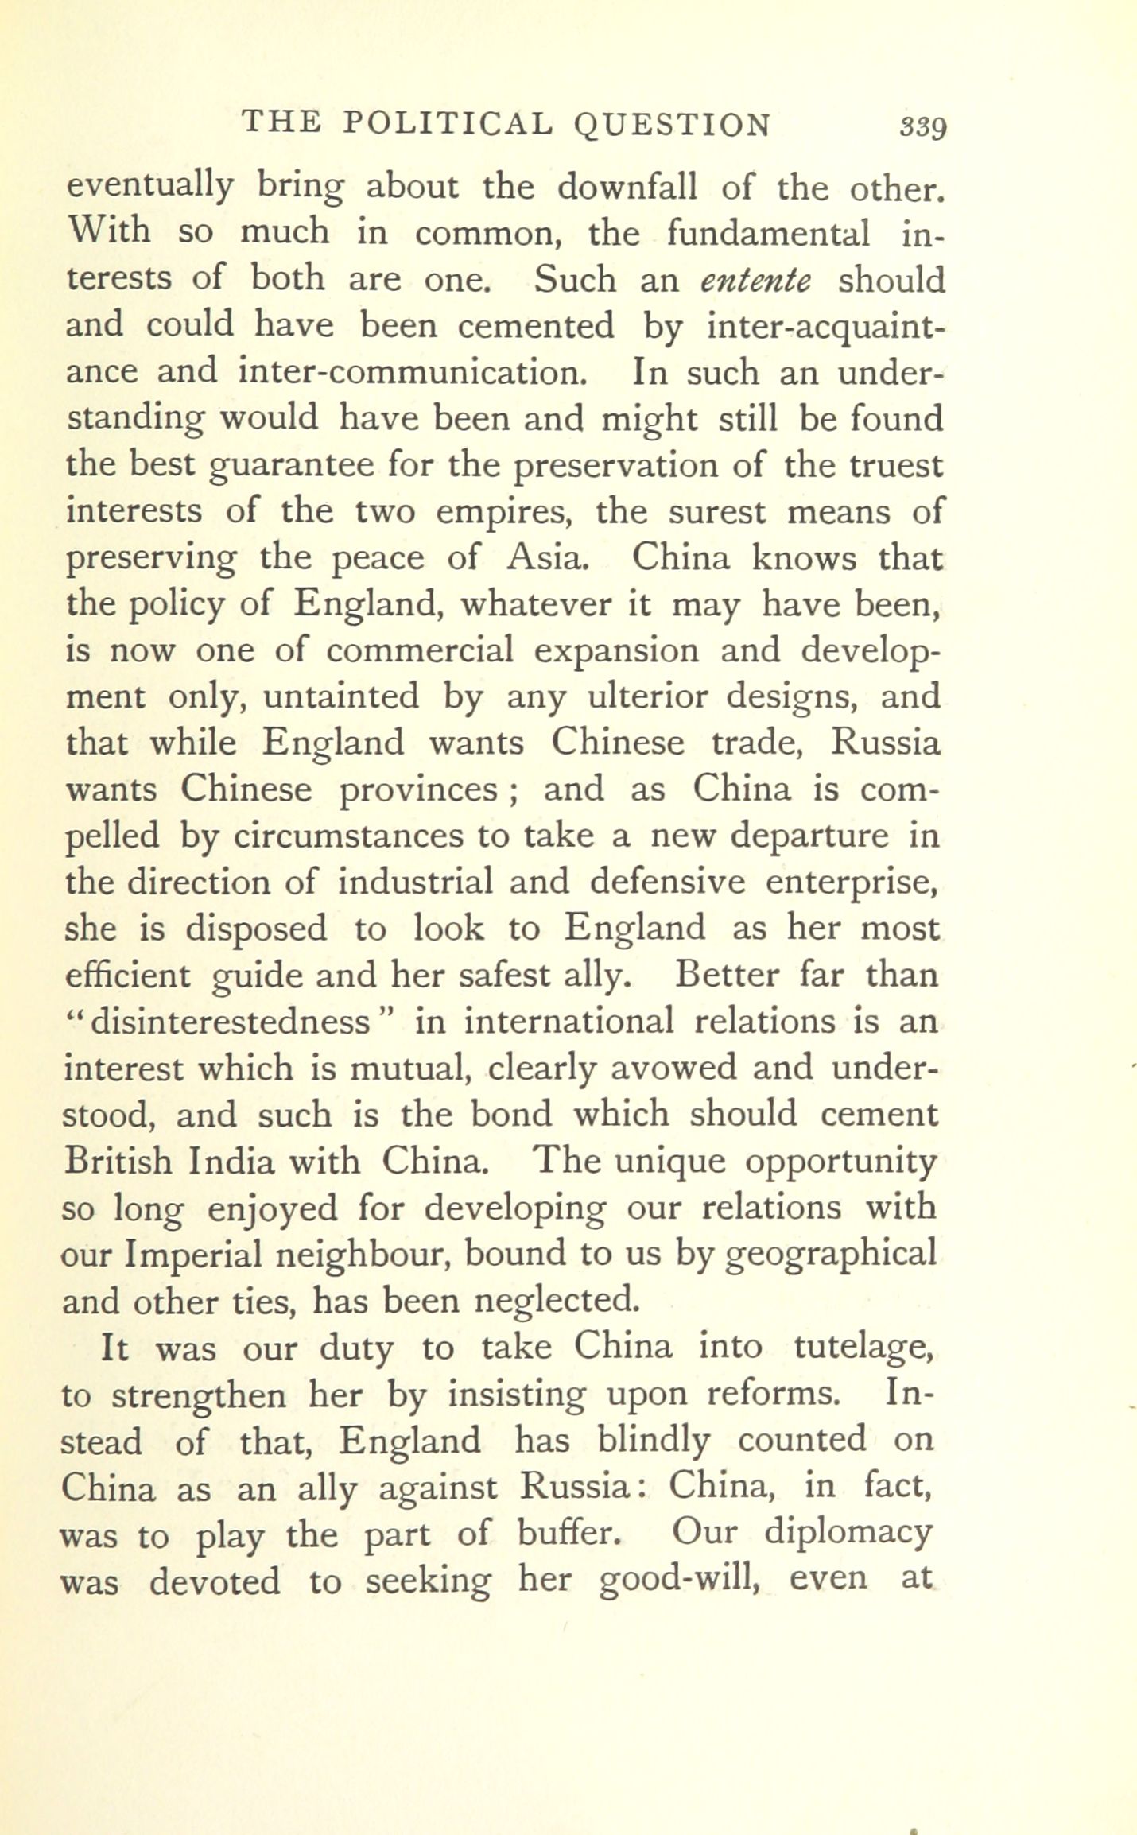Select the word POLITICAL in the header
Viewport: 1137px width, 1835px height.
pos(448,124)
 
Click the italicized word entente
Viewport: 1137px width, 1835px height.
pos(755,280)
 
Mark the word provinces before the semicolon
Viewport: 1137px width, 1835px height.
pos(418,790)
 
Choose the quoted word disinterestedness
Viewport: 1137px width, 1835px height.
pos(231,1022)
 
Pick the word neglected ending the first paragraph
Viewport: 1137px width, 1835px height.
pos(557,1301)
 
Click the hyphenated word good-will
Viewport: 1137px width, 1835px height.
pos(676,1580)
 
